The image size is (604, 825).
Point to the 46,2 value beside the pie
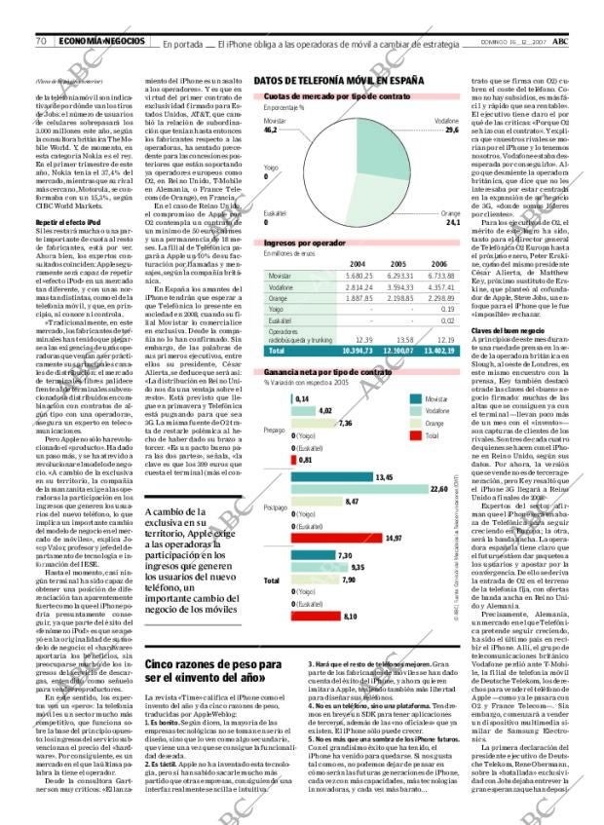pyautogui.click(x=271, y=129)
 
